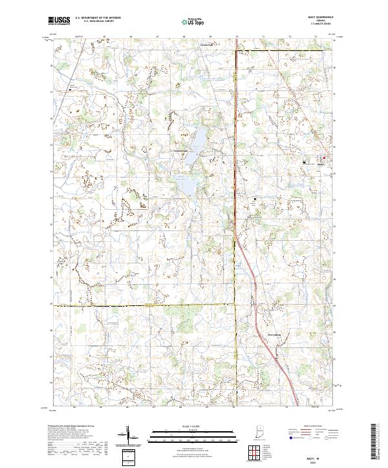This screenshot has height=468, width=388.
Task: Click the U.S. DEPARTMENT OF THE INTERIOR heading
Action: click(x=98, y=18)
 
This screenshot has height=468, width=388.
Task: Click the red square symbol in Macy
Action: click(x=324, y=158)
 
